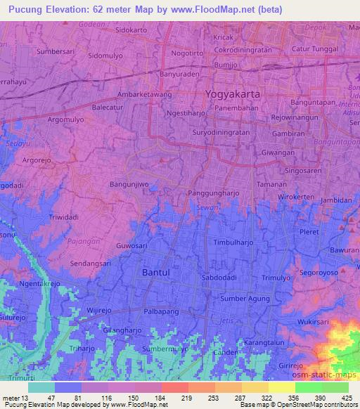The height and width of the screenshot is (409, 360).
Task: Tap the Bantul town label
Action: point(156,271)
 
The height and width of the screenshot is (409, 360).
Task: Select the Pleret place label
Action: point(309,231)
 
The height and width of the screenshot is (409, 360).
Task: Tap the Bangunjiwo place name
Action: point(130,184)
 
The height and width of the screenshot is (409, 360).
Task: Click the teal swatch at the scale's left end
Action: point(41,387)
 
